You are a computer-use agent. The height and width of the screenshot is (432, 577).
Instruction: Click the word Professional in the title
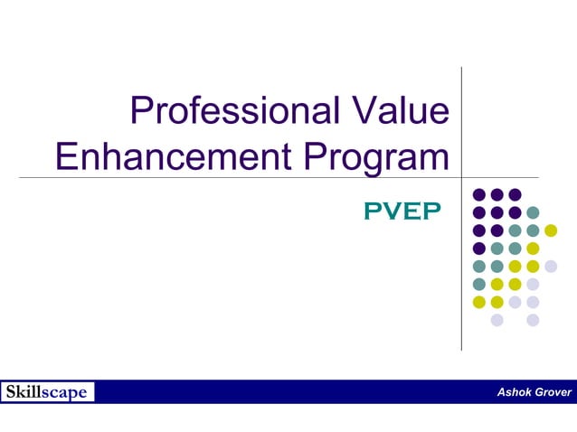pyautogui.click(x=231, y=112)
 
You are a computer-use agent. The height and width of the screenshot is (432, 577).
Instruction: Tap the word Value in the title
pyautogui.click(x=397, y=112)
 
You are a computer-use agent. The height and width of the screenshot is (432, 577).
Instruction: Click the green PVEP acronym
pyautogui.click(x=402, y=211)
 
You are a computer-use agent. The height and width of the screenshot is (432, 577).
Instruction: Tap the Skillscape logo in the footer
pyautogui.click(x=47, y=392)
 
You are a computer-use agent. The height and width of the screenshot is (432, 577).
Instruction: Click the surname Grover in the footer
pyautogui.click(x=553, y=392)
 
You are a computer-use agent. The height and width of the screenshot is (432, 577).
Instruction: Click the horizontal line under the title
pyautogui.click(x=271, y=177)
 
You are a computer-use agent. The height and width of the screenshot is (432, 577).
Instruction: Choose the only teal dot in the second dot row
pyautogui.click(x=533, y=212)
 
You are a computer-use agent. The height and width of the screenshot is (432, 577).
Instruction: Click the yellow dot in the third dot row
pyautogui.click(x=551, y=230)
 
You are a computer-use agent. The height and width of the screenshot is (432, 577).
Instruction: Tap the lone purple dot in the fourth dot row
pyautogui.click(x=479, y=249)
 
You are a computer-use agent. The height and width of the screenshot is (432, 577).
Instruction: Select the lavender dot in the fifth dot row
pyautogui.click(x=551, y=266)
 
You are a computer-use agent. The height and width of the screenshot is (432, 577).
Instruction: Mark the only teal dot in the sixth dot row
pyautogui.click(x=479, y=284)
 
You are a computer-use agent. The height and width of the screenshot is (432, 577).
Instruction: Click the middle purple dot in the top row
pyautogui.click(x=497, y=194)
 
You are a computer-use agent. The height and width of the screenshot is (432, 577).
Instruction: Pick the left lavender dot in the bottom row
pyautogui.click(x=497, y=320)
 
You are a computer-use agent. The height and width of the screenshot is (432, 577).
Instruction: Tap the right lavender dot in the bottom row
pyautogui.click(x=533, y=320)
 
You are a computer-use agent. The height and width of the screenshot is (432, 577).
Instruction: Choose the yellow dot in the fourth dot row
pyautogui.click(x=533, y=249)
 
